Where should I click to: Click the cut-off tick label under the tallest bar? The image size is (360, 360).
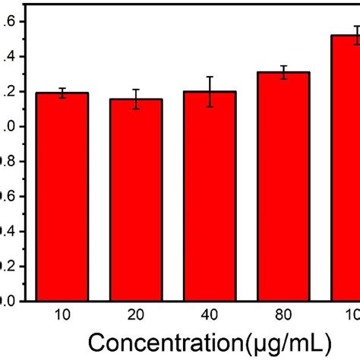click(352, 314)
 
